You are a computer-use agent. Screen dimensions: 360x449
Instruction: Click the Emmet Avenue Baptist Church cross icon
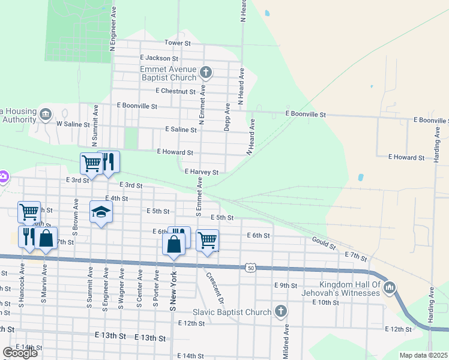[206, 73]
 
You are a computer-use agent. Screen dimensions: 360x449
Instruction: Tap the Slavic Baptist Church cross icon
[280, 311]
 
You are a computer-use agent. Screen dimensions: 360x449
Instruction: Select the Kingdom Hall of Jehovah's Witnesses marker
[390, 288]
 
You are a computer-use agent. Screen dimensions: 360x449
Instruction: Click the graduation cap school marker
[101, 212]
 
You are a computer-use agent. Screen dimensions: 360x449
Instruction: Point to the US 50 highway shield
[250, 268]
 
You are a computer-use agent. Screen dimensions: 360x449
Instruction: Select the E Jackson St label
[158, 59]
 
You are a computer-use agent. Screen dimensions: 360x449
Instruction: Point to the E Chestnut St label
[175, 91]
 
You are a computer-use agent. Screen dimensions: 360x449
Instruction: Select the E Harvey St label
[201, 172]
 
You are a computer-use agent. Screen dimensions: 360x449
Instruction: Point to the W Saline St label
[73, 125]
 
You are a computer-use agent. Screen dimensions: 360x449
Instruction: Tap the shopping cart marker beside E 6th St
[207, 240]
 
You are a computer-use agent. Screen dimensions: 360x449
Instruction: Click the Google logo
[20, 352]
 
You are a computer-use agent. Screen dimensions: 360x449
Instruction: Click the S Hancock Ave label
[21, 287]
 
